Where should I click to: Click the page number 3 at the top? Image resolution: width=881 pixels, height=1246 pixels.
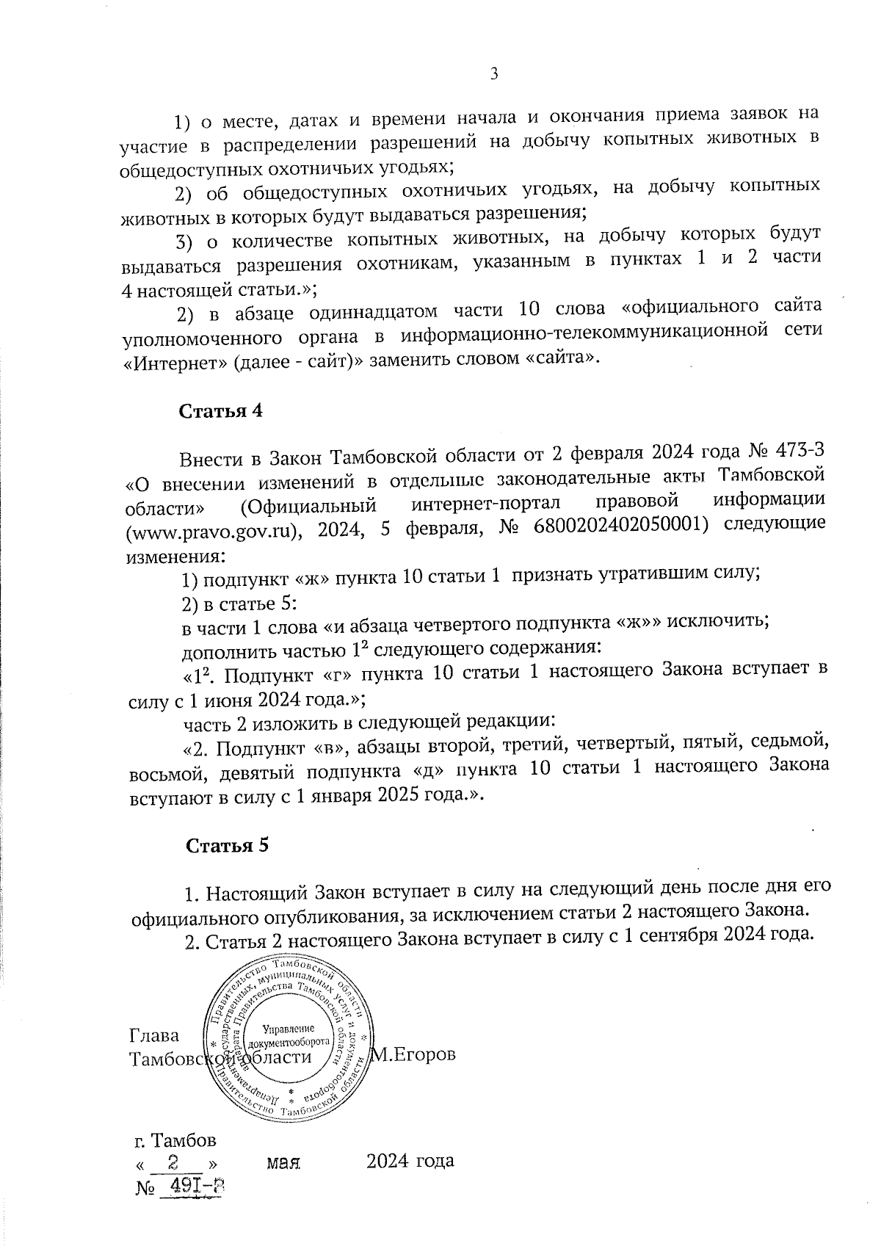[x=493, y=73]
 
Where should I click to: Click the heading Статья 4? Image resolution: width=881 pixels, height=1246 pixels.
[x=220, y=412]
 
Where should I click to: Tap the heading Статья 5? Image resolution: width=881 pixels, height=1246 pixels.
[x=227, y=845]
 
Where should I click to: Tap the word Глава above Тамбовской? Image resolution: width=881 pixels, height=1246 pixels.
[x=154, y=1035]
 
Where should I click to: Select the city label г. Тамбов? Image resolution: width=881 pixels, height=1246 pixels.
[x=175, y=1140]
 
